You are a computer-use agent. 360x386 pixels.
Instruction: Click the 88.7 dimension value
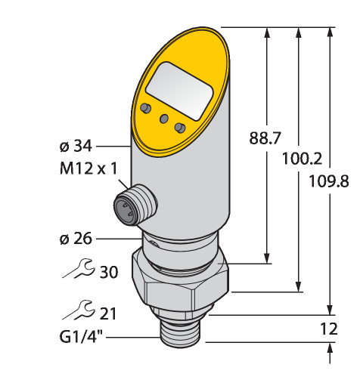tap(265, 138)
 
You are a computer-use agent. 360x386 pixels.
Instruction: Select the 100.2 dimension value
tap(302, 159)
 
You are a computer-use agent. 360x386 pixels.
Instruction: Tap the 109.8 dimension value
tap(329, 181)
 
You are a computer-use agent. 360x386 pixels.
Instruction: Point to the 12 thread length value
tap(329, 329)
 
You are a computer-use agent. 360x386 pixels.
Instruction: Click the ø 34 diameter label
tap(76, 146)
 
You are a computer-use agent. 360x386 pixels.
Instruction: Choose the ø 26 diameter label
tap(76, 239)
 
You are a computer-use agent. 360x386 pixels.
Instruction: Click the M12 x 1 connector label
tap(88, 168)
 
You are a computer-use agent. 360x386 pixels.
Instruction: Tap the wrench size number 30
tap(109, 272)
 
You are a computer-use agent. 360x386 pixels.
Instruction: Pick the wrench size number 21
tap(108, 313)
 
